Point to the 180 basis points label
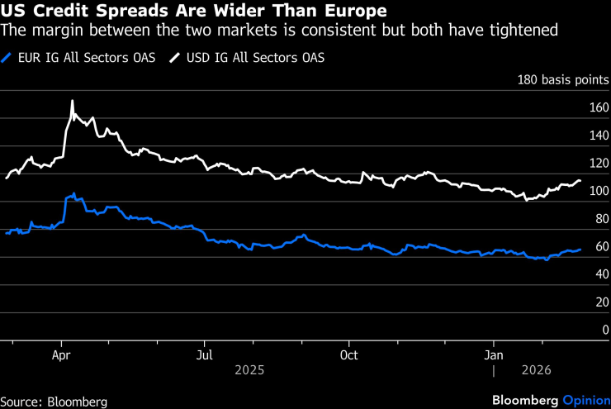coord(563,80)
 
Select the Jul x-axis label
coord(204,354)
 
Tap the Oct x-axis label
coord(348,354)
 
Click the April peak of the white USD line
coord(72,101)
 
